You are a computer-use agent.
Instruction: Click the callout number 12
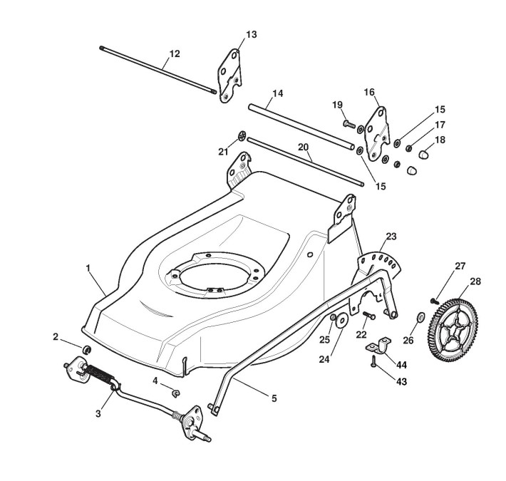pos(175,53)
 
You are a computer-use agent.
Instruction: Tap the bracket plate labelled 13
pos(229,75)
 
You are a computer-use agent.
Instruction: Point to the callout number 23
pos(391,236)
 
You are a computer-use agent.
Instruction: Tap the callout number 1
pos(88,269)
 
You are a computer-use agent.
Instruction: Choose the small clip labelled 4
pos(176,391)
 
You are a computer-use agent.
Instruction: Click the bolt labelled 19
pos(348,124)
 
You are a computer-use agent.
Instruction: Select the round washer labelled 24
pos(341,319)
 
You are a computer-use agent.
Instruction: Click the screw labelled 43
pos(373,364)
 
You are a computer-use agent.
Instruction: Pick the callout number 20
pos(303,147)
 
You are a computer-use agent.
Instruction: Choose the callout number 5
pos(274,398)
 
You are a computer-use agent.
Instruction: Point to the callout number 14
pos(277,93)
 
